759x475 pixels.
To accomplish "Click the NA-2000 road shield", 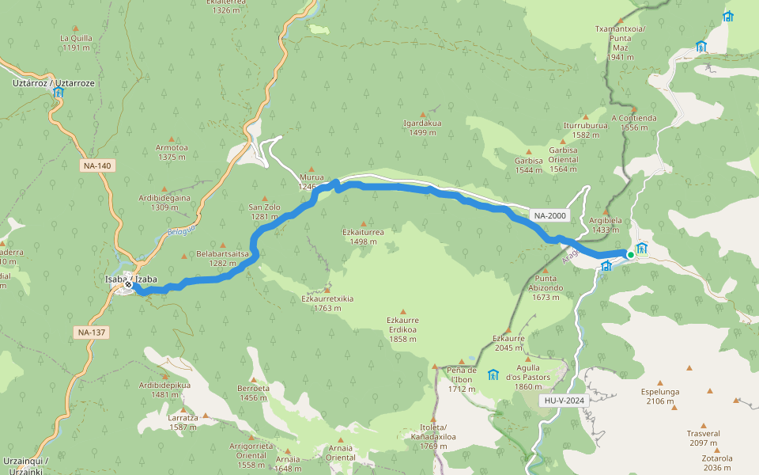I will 549,215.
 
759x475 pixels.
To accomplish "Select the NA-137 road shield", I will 92,332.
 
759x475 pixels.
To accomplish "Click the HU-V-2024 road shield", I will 565,401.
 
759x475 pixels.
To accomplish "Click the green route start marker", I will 631,254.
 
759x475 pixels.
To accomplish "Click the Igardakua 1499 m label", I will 422,127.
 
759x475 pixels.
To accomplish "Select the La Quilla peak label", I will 77,43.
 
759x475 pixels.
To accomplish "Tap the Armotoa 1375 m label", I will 172,152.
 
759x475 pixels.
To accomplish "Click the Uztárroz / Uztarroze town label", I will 54,82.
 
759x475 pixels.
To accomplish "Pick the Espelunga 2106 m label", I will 659,396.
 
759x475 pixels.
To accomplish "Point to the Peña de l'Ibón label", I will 461,379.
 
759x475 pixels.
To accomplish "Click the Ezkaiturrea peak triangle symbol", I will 364,223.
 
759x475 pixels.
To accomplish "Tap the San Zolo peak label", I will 264,211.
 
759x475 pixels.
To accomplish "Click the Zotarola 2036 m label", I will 716,462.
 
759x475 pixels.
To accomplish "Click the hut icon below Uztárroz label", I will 59,93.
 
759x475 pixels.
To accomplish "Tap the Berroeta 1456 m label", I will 253,393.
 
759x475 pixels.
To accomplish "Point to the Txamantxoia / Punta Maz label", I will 621,43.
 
